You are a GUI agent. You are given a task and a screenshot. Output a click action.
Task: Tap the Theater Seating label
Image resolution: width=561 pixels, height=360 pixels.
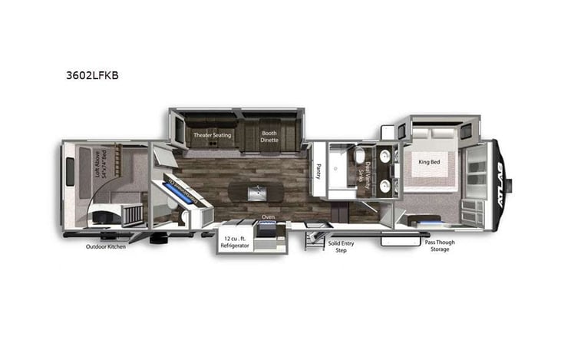[x=212, y=135]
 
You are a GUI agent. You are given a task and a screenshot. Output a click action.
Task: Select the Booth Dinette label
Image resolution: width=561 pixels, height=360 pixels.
[x=269, y=137]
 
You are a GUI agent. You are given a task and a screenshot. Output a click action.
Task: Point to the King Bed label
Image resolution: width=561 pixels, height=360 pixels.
[x=429, y=162]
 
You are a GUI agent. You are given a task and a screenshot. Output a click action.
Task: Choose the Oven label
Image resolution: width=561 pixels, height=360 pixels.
[x=269, y=217]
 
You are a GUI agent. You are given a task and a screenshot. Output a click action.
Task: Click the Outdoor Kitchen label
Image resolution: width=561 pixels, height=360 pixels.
[x=105, y=246]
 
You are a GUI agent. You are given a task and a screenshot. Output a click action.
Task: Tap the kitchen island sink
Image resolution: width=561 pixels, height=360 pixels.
[x=259, y=190]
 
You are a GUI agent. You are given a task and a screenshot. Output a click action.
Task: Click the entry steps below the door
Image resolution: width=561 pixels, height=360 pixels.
[x=314, y=240]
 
